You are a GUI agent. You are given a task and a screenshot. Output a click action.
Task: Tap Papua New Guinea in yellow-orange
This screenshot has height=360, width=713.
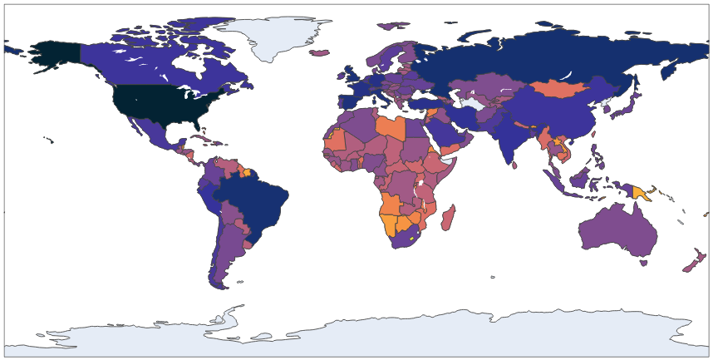pyautogui.click(x=642, y=193)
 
